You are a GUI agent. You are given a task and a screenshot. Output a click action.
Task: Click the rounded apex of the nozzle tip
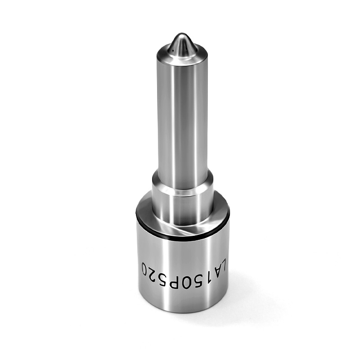click(181, 36)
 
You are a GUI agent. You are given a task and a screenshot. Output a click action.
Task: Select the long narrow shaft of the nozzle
click(183, 119)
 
